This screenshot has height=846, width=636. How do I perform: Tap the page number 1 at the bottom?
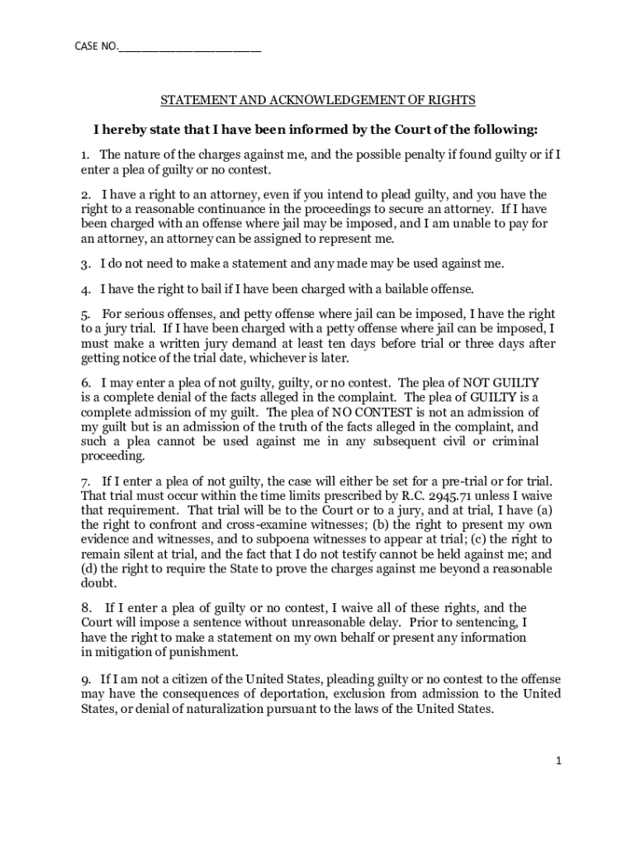pos(558,761)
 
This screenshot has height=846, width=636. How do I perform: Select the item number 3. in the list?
pos(85,264)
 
